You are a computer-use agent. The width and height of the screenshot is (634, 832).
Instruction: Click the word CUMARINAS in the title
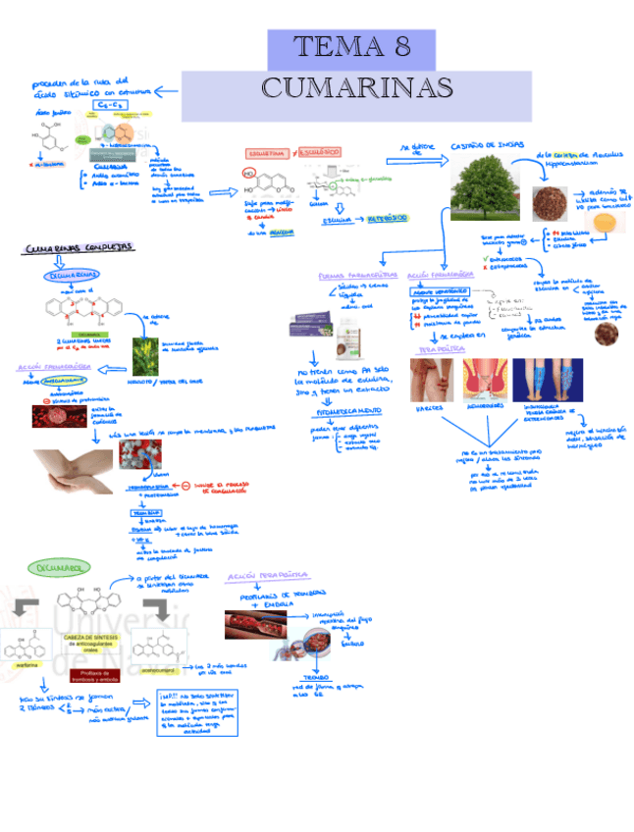(x=356, y=88)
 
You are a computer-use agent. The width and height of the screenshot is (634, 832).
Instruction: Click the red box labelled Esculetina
(x=266, y=154)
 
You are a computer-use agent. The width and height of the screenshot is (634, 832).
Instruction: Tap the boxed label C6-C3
(x=108, y=104)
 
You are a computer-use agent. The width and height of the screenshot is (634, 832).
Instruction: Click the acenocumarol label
(x=157, y=670)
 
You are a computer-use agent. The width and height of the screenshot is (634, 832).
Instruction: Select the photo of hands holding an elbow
(x=71, y=470)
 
